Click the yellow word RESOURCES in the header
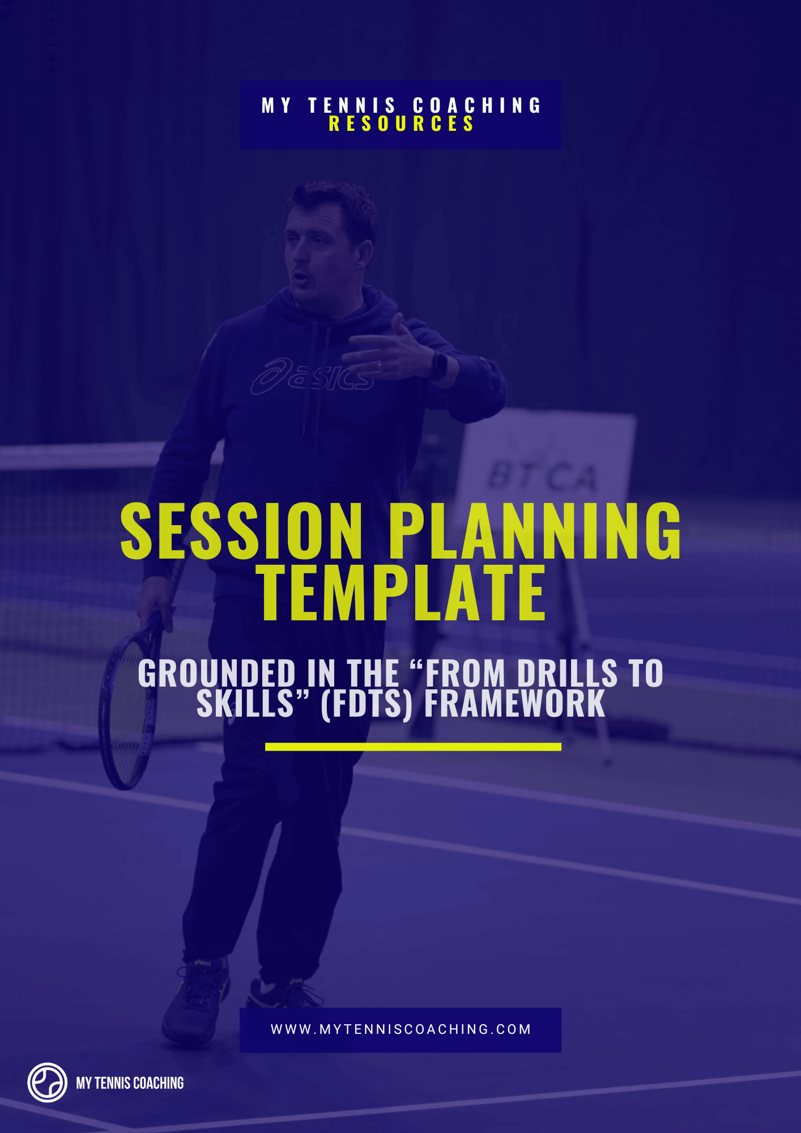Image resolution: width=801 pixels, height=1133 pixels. click(x=401, y=124)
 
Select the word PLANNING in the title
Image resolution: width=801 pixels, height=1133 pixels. click(x=535, y=531)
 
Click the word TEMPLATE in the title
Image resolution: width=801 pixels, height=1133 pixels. click(x=402, y=593)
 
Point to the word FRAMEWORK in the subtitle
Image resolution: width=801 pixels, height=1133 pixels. click(x=514, y=704)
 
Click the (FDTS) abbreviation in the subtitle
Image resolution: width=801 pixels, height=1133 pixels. click(x=367, y=704)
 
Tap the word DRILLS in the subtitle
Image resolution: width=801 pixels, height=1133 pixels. click(x=566, y=674)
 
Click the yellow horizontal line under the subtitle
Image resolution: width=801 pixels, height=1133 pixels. click(x=413, y=747)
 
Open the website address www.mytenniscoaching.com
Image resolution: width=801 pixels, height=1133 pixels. click(x=400, y=1029)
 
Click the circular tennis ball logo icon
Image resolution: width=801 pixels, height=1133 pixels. click(x=48, y=1083)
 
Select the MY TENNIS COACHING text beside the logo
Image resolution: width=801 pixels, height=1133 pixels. click(x=130, y=1083)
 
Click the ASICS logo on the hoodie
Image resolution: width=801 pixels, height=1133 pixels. click(x=312, y=376)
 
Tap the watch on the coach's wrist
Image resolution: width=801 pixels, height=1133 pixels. click(x=438, y=365)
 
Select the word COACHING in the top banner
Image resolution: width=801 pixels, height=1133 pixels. click(x=477, y=105)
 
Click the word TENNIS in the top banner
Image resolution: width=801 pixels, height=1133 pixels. click(x=352, y=105)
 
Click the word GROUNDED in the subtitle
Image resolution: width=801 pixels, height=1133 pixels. click(x=216, y=674)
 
